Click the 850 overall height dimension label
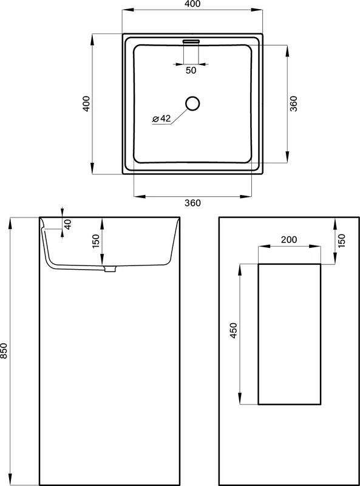point(4,351)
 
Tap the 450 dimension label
point(234,330)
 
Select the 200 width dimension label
point(289,239)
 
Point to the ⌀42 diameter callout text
point(161,118)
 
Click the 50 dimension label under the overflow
point(191,70)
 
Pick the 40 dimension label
point(69,224)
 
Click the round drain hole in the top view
point(192,103)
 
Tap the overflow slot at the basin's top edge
point(191,41)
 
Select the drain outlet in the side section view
point(110,269)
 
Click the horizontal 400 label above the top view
point(192,4)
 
